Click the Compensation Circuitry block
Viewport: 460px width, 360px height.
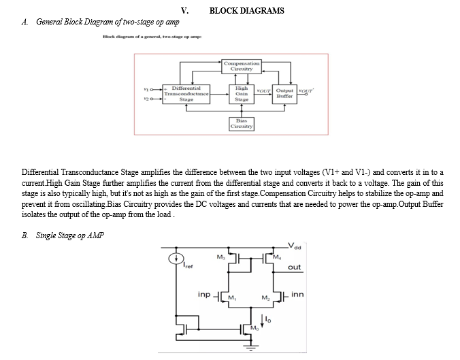pos(242,66)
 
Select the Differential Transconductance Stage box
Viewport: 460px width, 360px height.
pos(186,94)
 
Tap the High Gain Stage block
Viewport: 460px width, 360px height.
pos(242,94)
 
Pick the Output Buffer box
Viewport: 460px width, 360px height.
pos(284,94)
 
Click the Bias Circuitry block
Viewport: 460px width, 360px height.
pos(242,124)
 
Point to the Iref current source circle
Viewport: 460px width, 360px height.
pos(176,259)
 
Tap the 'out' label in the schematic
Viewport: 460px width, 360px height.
pos(294,267)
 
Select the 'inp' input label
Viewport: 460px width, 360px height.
pos(204,294)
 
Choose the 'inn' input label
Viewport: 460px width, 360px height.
pos(297,294)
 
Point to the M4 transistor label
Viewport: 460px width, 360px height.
pos(277,257)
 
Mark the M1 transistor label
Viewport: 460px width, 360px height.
pos(232,298)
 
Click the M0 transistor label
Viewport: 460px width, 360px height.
pos(254,328)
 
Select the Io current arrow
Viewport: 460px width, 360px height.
pos(262,321)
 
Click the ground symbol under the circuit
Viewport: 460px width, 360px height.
pos(251,347)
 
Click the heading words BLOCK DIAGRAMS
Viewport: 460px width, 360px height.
pos(247,11)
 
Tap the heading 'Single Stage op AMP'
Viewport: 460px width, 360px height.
pos(70,235)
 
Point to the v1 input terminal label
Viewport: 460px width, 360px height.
pos(146,89)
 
